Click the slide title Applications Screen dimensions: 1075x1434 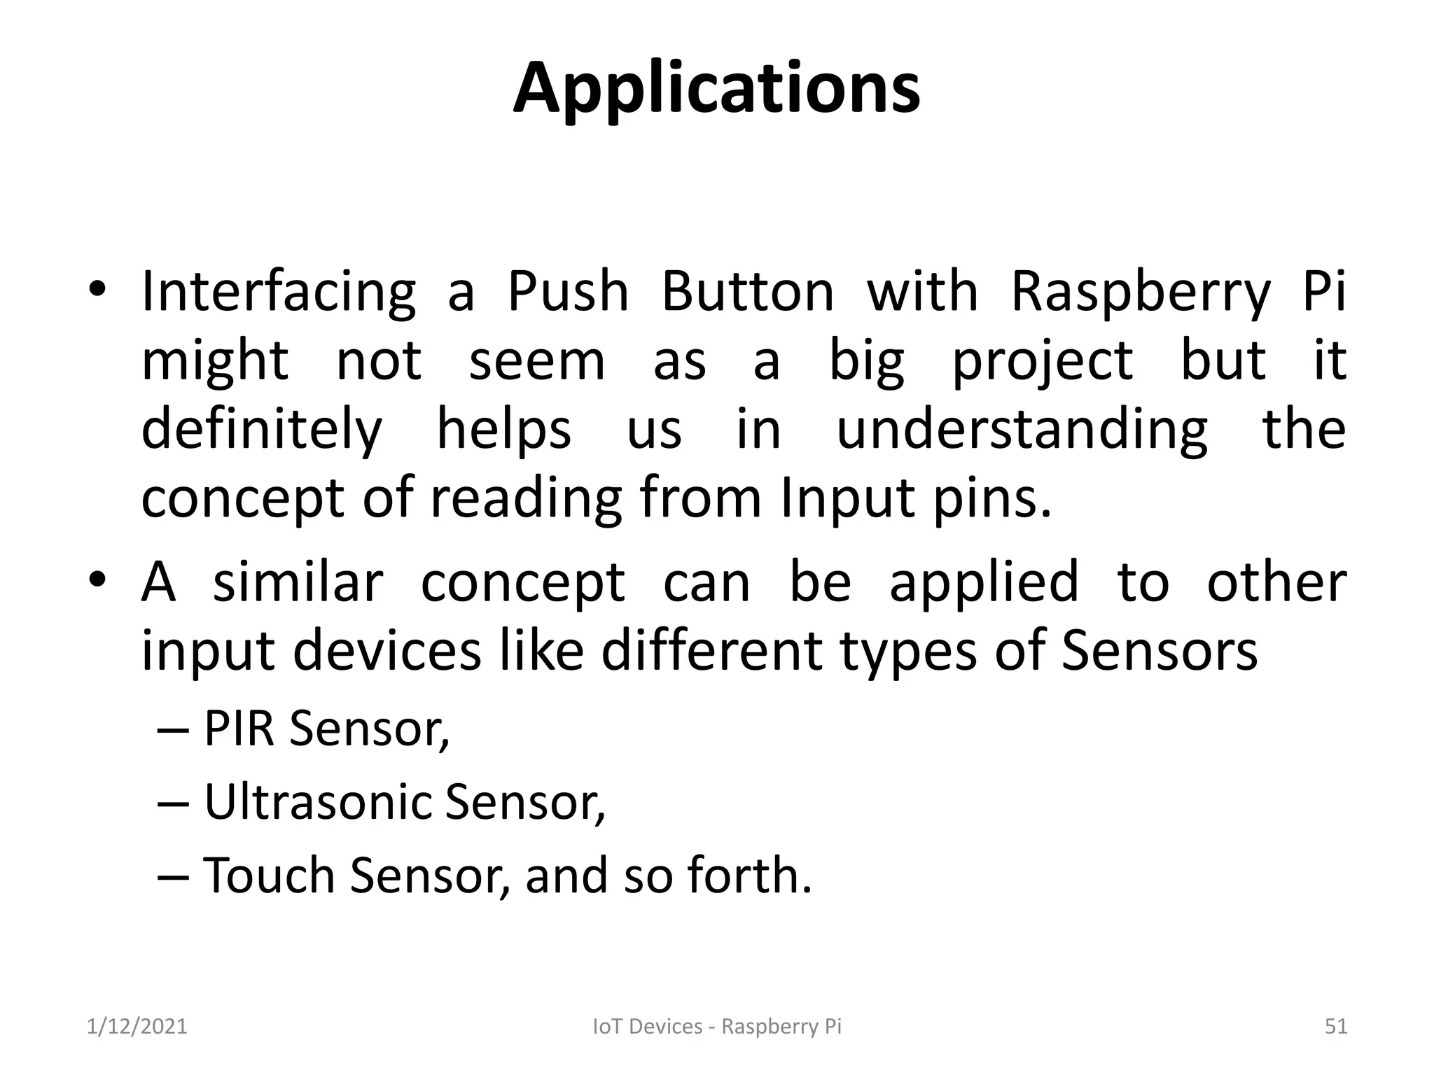pos(716,90)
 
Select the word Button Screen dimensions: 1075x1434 pos(748,292)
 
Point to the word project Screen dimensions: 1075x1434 pos(1043,361)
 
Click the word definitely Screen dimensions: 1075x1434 pos(262,430)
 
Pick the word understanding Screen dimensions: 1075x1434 pos(1022,430)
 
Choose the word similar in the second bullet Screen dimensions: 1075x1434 pos(298,582)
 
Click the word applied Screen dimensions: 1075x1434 pos(984,582)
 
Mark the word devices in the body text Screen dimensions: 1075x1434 pos(387,651)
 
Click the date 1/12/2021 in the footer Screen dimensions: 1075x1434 pos(137,1027)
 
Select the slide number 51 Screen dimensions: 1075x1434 pos(1336,1027)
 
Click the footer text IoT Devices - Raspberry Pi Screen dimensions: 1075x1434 pos(717,1027)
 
